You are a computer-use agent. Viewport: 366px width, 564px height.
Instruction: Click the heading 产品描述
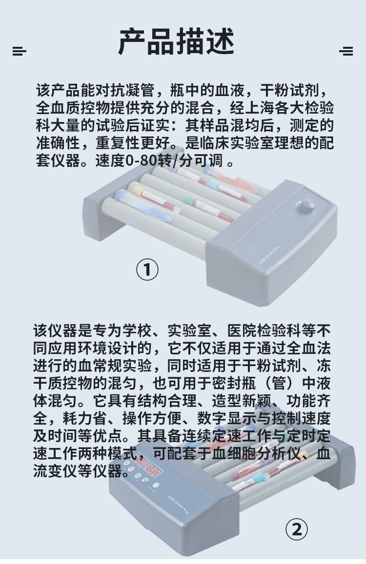tap(176, 42)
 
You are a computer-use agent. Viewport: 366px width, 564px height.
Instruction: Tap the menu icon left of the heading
tap(19, 51)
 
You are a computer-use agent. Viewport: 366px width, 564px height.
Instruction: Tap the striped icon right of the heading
tap(346, 51)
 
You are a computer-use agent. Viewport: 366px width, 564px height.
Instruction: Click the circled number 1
tap(147, 269)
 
